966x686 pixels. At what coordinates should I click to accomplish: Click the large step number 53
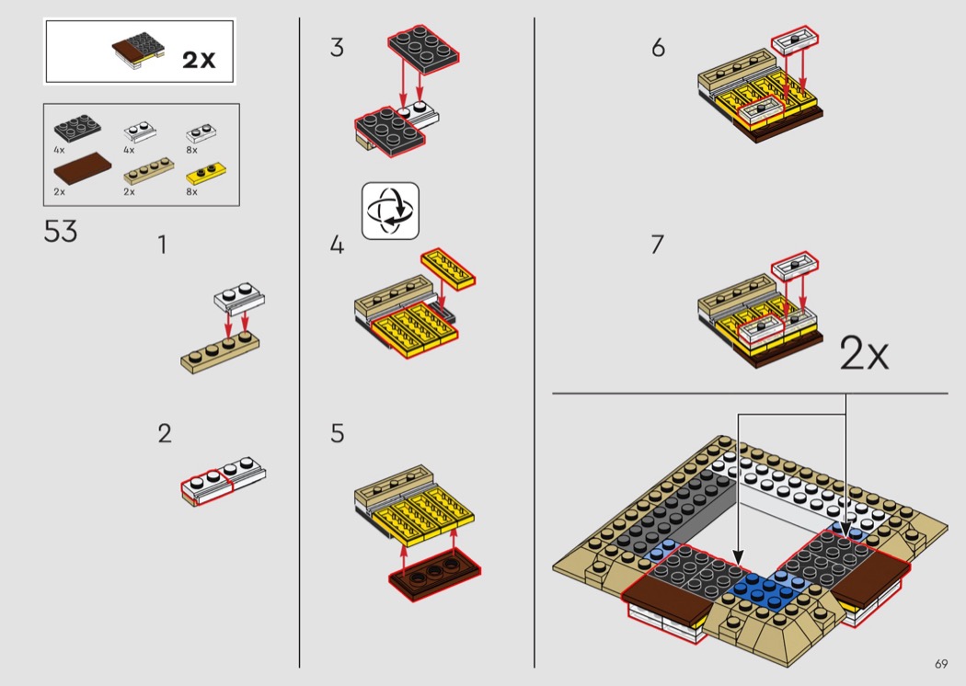(x=61, y=231)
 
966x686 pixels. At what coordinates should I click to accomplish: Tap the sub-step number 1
(x=163, y=246)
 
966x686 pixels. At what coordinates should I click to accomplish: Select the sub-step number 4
(x=338, y=246)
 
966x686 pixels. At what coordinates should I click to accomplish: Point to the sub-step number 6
(x=658, y=48)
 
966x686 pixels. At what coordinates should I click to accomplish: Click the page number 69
(x=940, y=664)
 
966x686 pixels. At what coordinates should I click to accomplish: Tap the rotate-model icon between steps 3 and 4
(x=390, y=211)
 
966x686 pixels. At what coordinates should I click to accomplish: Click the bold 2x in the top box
(x=198, y=60)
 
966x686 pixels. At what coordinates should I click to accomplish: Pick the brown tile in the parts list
(x=82, y=167)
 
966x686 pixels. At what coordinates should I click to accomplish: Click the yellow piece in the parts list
(x=205, y=172)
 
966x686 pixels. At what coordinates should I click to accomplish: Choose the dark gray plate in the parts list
(x=77, y=130)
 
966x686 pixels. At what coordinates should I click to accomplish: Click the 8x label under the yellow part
(x=191, y=191)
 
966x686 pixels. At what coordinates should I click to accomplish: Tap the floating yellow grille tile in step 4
(x=448, y=268)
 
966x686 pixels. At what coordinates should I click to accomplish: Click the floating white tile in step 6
(x=794, y=38)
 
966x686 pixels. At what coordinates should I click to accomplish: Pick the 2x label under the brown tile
(x=60, y=191)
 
